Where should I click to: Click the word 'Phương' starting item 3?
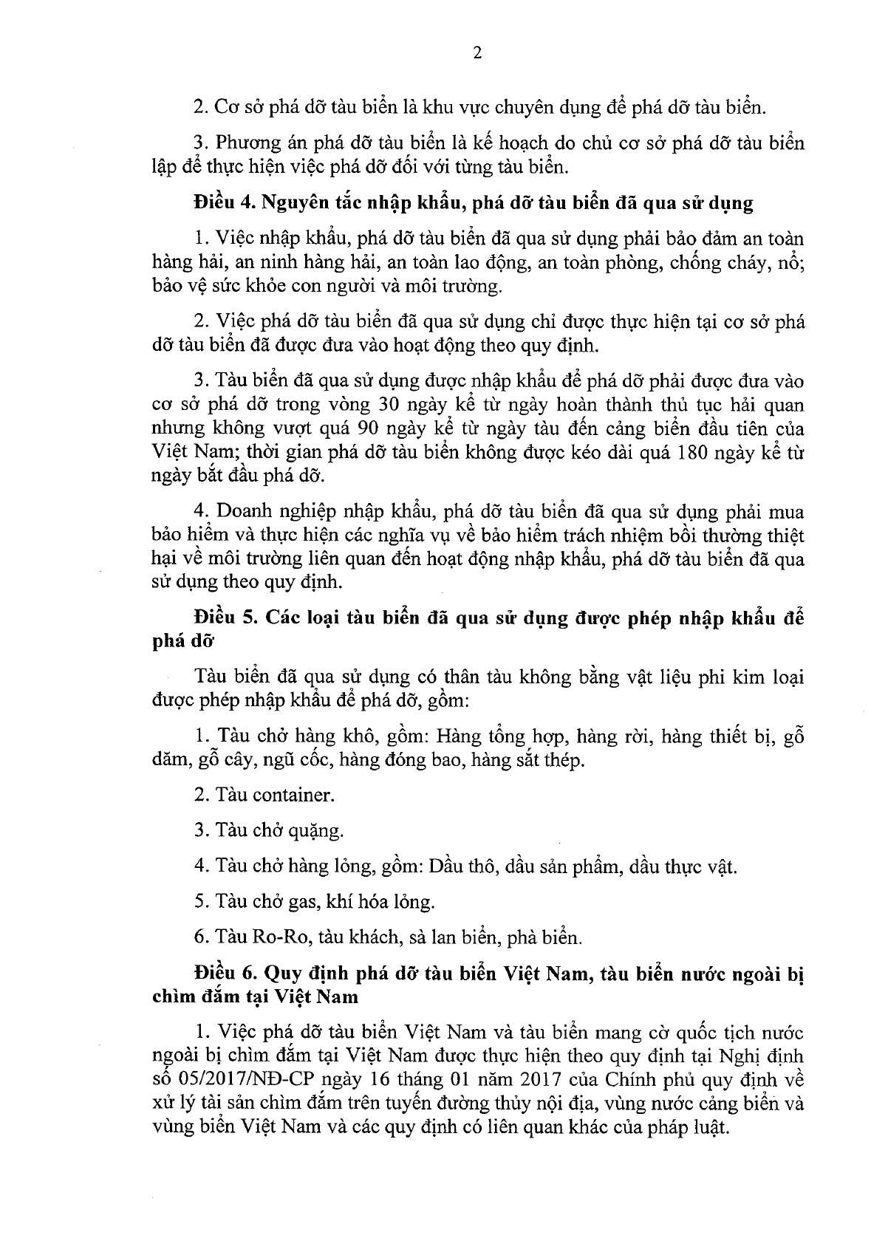[x=247, y=143]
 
